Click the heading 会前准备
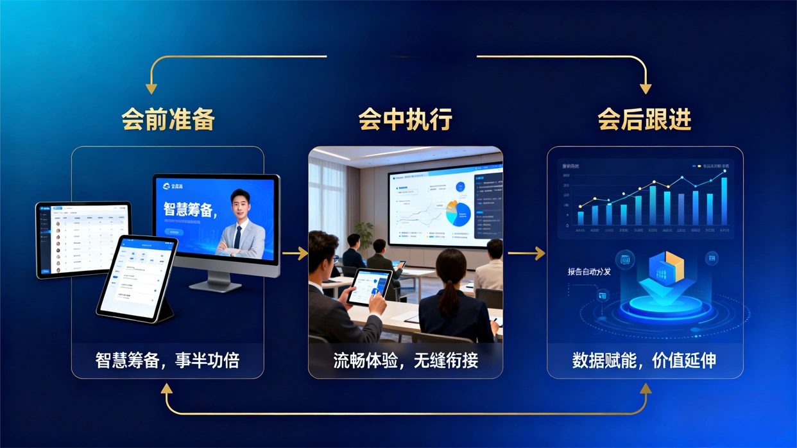pyautogui.click(x=167, y=120)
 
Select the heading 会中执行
pyautogui.click(x=405, y=120)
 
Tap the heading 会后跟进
pyautogui.click(x=644, y=120)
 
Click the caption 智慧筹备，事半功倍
pyautogui.click(x=167, y=360)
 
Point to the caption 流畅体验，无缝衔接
pyautogui.click(x=405, y=360)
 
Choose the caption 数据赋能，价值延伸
pyautogui.click(x=644, y=360)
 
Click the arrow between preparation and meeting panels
pyautogui.click(x=295, y=254)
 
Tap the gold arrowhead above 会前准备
pyautogui.click(x=151, y=88)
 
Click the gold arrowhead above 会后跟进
pyautogui.click(x=646, y=88)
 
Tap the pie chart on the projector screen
pyautogui.click(x=458, y=213)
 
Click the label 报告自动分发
pyautogui.click(x=589, y=271)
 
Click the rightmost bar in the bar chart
pyautogui.click(x=724, y=201)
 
